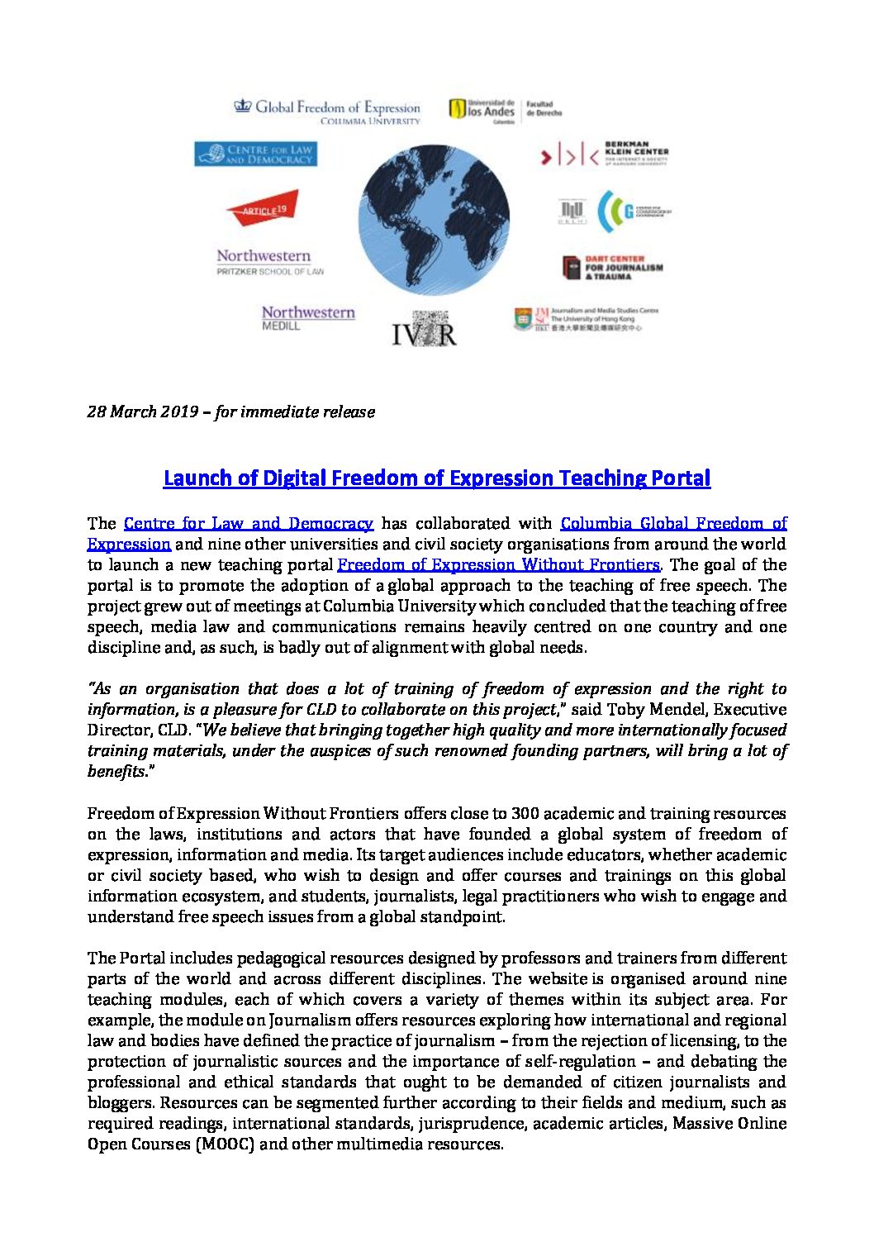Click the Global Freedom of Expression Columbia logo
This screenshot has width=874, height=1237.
(328, 111)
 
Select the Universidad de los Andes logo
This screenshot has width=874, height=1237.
(505, 110)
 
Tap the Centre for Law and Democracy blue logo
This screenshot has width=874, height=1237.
(255, 155)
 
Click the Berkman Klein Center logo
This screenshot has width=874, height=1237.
(604, 154)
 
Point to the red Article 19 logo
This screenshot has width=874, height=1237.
(263, 209)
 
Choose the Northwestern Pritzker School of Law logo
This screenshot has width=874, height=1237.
(269, 262)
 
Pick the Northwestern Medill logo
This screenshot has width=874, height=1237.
(308, 317)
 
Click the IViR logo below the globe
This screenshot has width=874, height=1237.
(424, 329)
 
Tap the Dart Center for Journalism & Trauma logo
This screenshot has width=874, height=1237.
(612, 267)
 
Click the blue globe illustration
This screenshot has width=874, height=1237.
(434, 220)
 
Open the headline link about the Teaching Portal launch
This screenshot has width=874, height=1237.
(436, 478)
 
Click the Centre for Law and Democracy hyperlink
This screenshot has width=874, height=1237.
(248, 523)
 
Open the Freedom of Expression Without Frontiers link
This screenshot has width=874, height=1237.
(498, 564)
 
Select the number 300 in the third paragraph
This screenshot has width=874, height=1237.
(525, 813)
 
